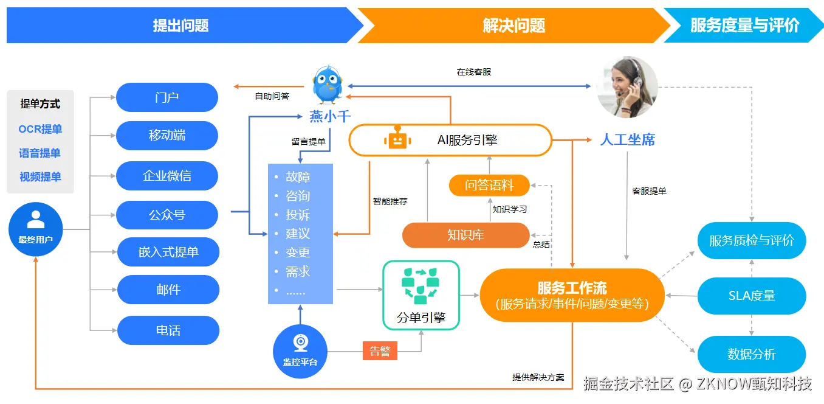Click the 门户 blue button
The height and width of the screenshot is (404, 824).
point(167,97)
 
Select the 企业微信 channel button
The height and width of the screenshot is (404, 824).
point(167,176)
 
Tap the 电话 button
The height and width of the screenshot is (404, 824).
point(168,330)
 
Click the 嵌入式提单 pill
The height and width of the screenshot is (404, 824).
point(168,252)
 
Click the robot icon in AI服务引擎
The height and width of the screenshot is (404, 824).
point(397,140)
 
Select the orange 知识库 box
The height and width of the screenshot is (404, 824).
point(465,235)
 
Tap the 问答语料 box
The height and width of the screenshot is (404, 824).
point(489,185)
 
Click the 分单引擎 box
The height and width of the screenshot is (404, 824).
point(421,295)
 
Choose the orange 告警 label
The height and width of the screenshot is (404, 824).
point(380,351)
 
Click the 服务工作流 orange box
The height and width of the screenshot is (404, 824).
point(572,295)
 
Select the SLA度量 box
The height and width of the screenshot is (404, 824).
point(752,296)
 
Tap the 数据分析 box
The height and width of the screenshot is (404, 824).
point(752,354)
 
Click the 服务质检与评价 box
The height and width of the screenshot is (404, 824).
point(752,240)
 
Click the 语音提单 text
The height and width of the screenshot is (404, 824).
point(40,153)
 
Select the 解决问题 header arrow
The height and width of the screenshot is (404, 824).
point(513,26)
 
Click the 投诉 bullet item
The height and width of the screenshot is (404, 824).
point(298,215)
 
